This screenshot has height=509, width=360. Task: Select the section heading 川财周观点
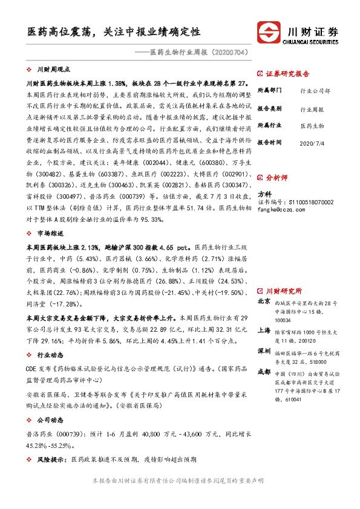coord(54,70)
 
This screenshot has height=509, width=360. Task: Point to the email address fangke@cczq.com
coord(281,209)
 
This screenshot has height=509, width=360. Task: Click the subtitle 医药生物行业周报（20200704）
coord(199,53)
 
